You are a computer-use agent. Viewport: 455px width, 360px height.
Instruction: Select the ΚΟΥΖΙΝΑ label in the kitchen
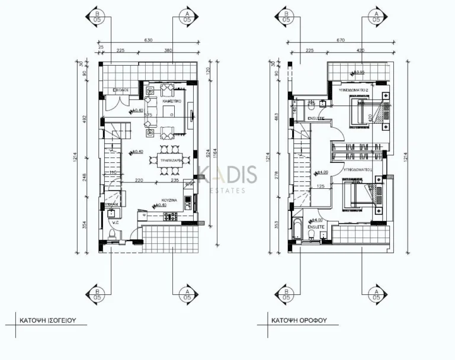(x=169, y=201)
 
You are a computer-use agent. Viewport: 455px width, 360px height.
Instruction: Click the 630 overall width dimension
(x=148, y=40)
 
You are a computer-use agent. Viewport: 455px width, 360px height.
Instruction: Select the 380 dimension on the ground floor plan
(x=168, y=51)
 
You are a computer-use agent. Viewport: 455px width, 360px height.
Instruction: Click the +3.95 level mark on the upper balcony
(x=357, y=72)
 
